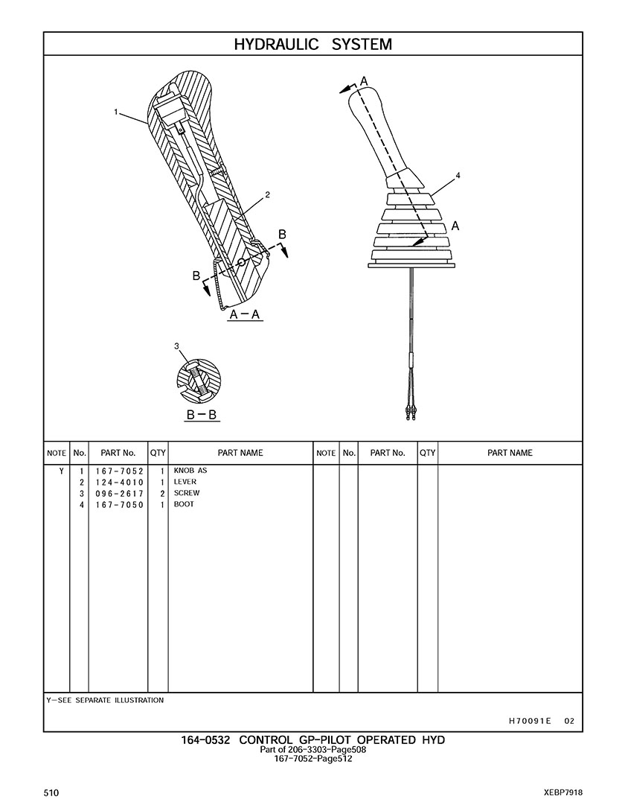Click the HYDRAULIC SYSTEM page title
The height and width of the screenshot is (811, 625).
(x=312, y=44)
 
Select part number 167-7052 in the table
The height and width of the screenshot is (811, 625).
(x=119, y=471)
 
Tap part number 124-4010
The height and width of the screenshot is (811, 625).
(x=119, y=483)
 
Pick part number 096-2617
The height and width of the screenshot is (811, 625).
(x=119, y=494)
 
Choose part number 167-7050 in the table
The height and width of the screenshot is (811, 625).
(x=119, y=505)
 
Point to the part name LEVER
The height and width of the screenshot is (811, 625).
(x=185, y=482)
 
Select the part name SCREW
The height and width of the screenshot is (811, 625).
(x=187, y=493)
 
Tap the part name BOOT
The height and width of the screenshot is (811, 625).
(x=184, y=503)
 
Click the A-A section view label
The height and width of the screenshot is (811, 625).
(x=245, y=314)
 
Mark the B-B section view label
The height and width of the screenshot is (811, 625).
(x=202, y=415)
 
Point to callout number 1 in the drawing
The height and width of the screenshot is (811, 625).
(x=116, y=111)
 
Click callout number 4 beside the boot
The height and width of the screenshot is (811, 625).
(x=458, y=175)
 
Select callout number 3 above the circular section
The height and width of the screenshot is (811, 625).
(x=176, y=346)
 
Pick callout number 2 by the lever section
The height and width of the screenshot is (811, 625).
(x=267, y=195)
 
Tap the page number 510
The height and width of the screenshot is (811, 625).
(x=51, y=793)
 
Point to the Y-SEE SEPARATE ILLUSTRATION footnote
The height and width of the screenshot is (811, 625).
(x=105, y=700)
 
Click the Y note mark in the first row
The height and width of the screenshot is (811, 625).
(x=61, y=471)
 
